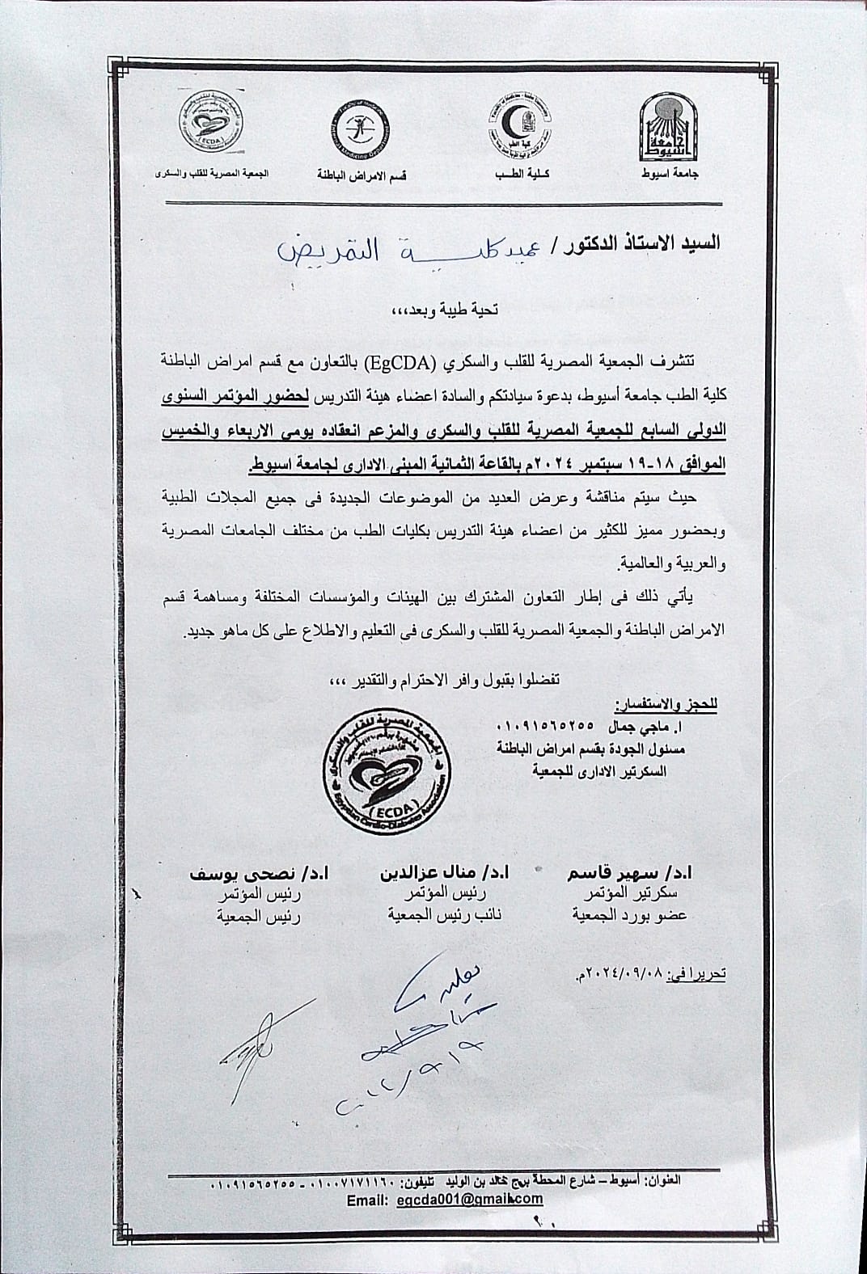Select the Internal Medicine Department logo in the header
(x=358, y=128)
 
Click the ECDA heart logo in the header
(x=207, y=128)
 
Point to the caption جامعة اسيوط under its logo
(x=665, y=175)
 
